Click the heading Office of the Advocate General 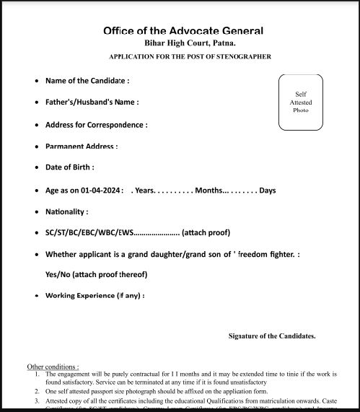point(183,31)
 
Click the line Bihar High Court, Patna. point(183,44)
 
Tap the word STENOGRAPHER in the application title point(240,56)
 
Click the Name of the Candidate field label point(87,80)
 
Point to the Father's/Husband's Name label point(92,102)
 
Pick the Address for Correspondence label point(96,125)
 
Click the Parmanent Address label point(81,146)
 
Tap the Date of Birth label point(69,167)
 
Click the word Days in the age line point(268,190)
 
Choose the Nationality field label point(66,212)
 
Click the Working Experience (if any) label point(95,296)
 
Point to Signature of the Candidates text point(272,336)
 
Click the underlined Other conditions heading point(53,367)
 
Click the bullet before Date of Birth point(37,167)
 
